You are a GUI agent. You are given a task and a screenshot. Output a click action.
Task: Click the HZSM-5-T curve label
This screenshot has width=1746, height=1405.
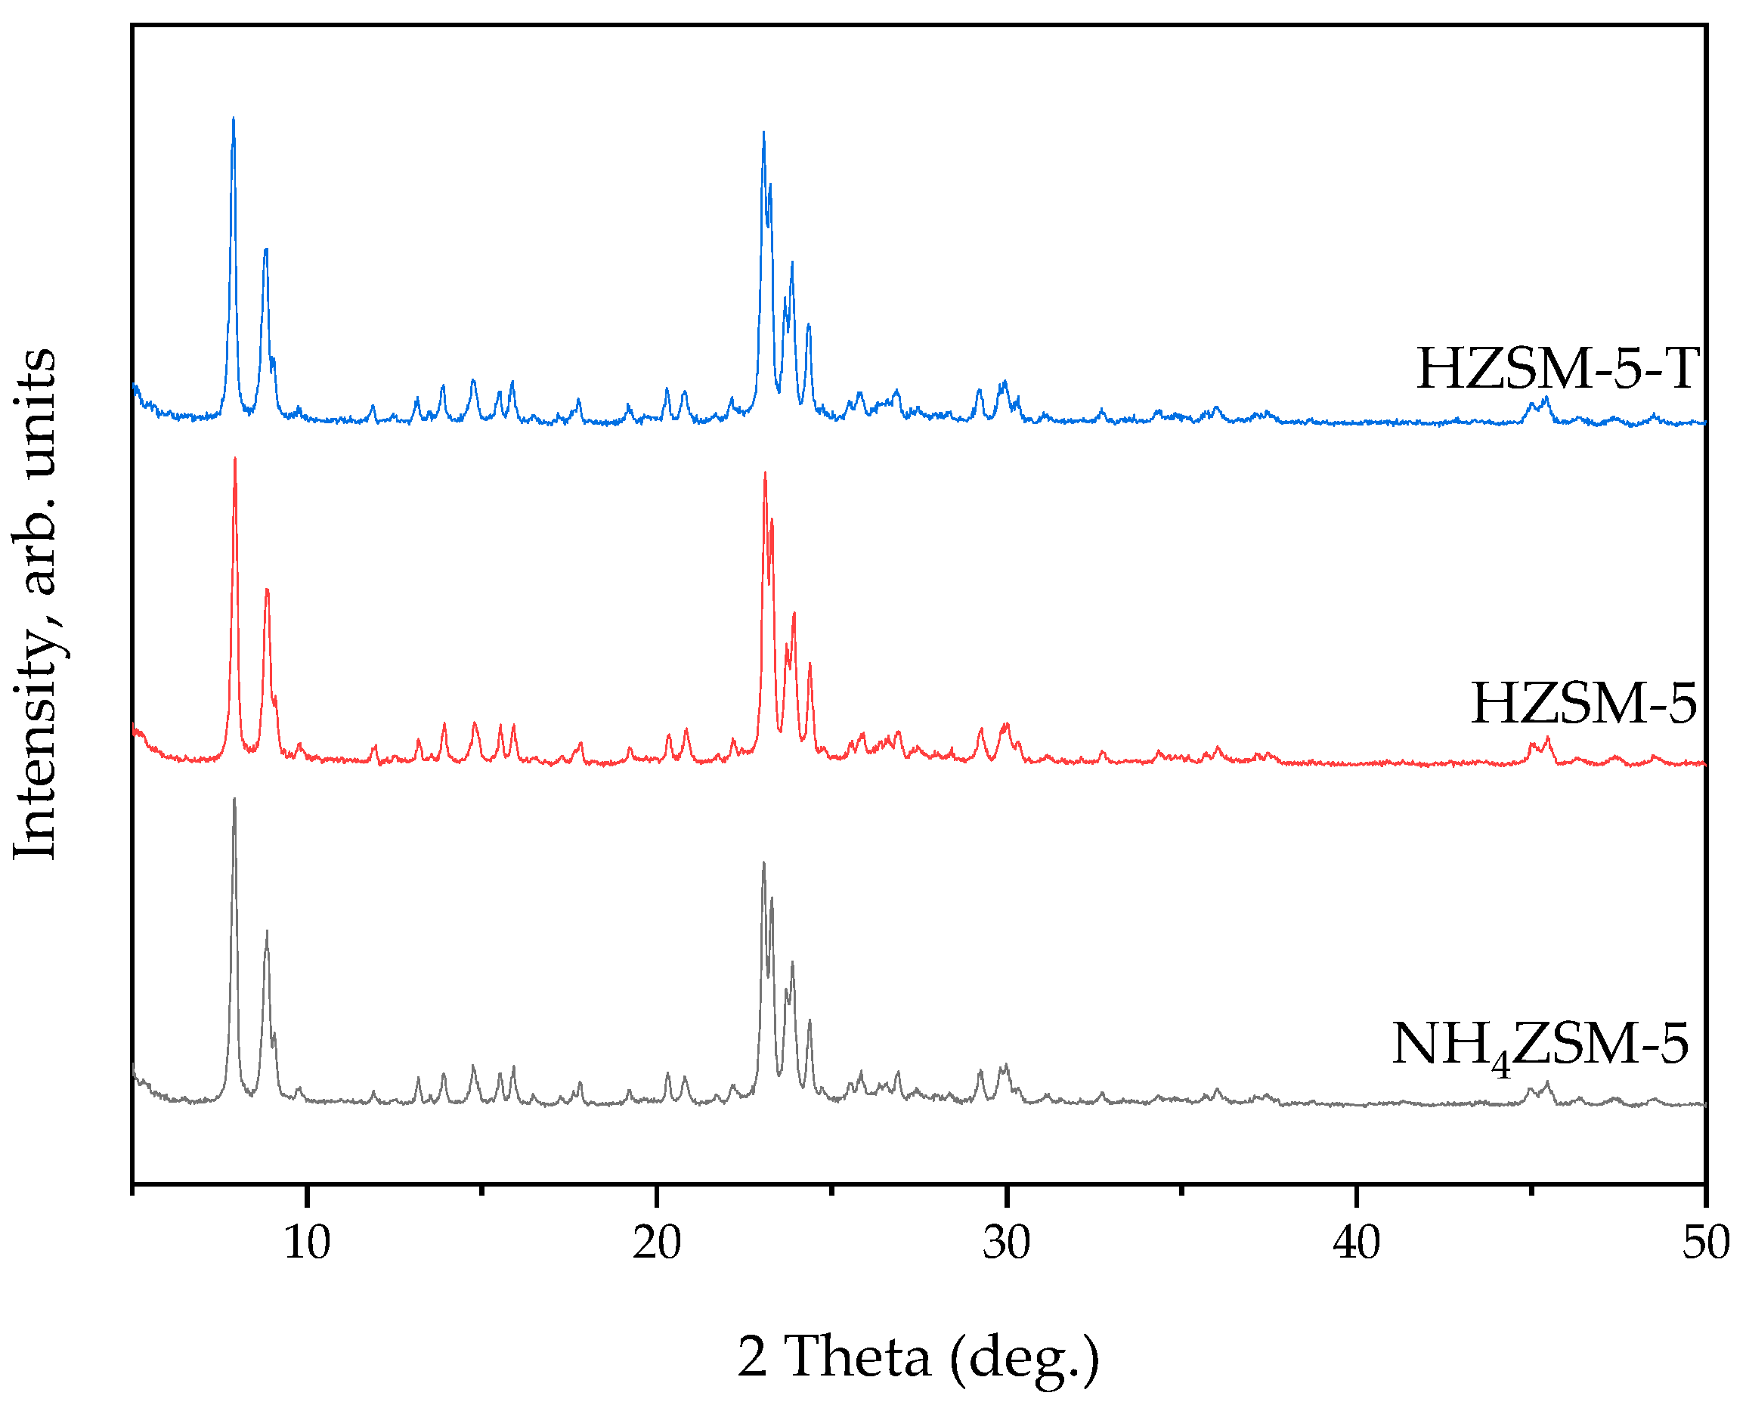point(1557,370)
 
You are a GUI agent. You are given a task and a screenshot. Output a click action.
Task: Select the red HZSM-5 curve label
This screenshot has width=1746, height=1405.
point(1584,703)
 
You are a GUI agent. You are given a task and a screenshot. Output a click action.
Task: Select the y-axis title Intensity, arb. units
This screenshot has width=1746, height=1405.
point(36,604)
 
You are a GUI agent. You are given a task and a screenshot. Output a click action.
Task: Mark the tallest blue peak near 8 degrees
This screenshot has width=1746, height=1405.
point(234,120)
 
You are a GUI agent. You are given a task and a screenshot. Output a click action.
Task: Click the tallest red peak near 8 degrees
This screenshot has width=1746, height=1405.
point(235,460)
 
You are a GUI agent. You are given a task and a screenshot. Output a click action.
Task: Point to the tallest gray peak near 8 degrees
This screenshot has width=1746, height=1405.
point(234,800)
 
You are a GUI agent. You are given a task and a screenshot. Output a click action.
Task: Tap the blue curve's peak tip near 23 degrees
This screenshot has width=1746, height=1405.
point(763,133)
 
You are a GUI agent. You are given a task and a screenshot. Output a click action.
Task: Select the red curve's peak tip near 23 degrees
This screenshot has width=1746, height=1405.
point(764,473)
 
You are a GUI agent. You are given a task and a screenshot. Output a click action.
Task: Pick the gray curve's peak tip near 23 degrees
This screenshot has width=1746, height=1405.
point(763,863)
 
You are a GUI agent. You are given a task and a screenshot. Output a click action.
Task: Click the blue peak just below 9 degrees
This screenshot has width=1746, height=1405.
point(265,250)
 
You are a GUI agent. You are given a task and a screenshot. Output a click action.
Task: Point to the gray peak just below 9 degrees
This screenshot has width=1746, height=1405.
point(266,933)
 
